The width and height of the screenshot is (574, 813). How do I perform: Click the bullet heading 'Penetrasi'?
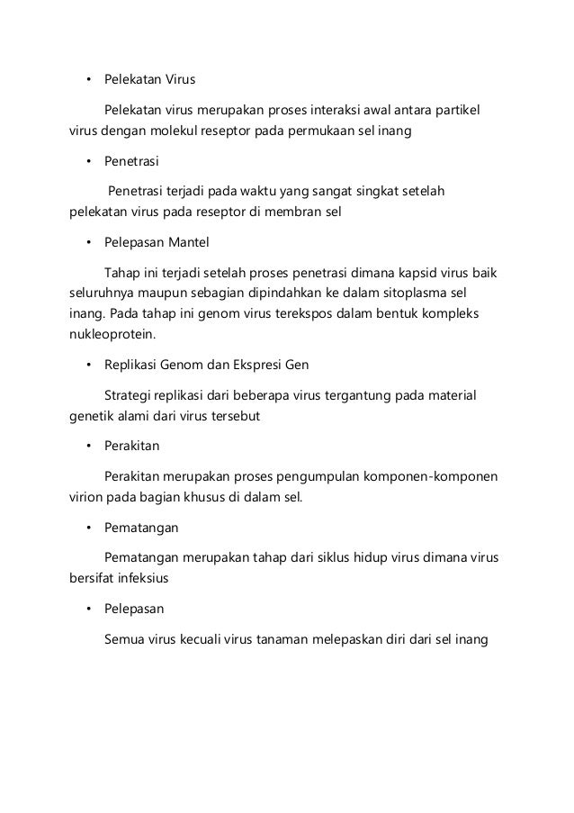click(131, 161)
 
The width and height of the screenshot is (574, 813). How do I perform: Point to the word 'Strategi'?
click(130, 395)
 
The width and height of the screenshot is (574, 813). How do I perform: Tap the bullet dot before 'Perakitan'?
click(88, 446)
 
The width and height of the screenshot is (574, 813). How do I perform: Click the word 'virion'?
click(86, 496)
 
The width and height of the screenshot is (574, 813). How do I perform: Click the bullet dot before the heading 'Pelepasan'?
click(88, 610)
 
